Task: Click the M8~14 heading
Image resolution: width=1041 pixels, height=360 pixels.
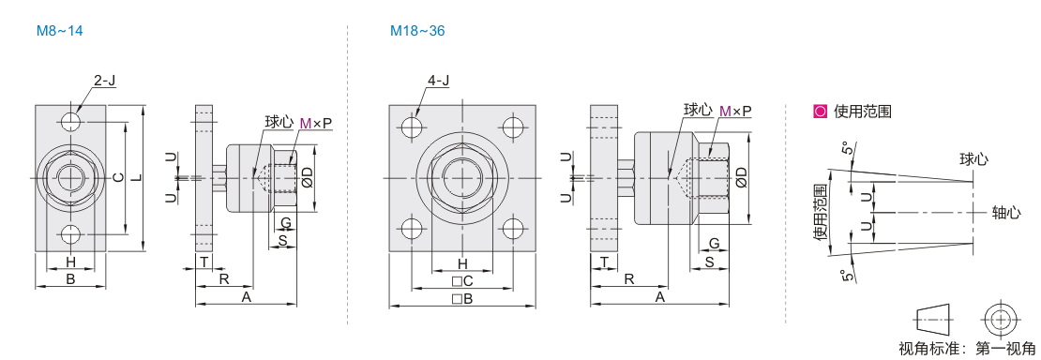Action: tap(60, 31)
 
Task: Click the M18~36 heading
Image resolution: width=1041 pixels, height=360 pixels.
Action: tap(417, 31)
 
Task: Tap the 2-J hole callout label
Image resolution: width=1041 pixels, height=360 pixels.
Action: tap(105, 81)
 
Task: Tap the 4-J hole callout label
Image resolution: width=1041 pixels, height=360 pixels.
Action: tap(438, 81)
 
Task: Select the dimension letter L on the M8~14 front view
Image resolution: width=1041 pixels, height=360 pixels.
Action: tap(138, 177)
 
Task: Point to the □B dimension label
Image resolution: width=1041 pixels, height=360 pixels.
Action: tap(462, 299)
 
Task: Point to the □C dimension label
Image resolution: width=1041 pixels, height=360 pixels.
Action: tap(462, 281)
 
